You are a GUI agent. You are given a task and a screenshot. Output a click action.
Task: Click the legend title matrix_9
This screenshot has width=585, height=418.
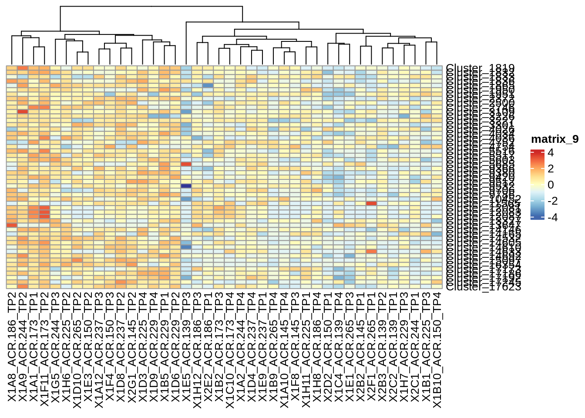[555, 139]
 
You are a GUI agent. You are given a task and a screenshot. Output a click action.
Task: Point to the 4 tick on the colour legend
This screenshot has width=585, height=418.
[551, 153]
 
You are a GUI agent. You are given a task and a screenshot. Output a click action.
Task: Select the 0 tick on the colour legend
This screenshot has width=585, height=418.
[551, 185]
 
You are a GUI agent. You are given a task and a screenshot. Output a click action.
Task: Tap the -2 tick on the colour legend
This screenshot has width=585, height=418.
[552, 201]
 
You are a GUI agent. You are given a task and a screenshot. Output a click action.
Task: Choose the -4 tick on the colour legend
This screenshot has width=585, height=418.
[552, 217]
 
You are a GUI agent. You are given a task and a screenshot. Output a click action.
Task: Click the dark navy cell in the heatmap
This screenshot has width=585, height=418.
[186, 186]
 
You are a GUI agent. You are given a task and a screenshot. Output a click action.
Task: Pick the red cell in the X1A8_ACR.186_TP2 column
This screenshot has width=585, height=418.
[12, 225]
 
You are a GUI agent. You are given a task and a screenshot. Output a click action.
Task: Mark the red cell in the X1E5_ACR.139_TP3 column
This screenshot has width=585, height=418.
[186, 164]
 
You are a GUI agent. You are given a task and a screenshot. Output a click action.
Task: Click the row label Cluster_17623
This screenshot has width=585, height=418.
[483, 287]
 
